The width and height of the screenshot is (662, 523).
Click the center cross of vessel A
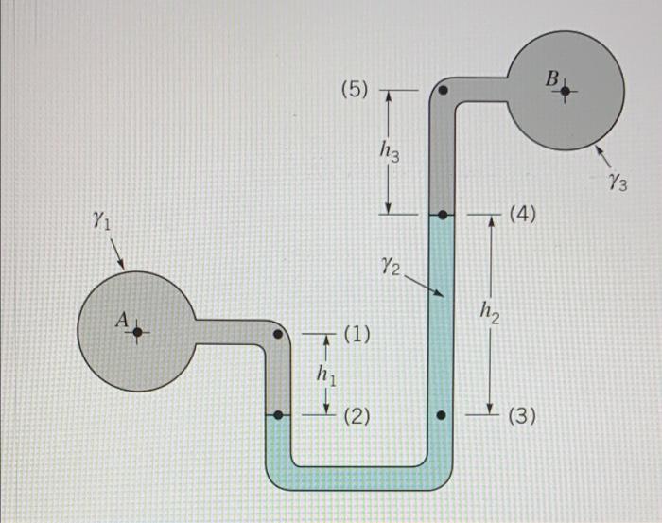pos(137,332)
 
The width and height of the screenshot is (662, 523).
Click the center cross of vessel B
pos(566,92)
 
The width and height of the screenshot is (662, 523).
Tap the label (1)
pos(357,334)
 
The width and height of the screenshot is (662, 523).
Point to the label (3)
pos(523,414)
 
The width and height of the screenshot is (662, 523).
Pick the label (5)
pos(357,91)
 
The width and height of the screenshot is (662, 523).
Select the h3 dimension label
pos(389,149)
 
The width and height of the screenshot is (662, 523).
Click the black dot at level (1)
pos(277,334)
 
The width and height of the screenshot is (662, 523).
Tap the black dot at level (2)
pos(277,414)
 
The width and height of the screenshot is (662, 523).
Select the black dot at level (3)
pos(442,414)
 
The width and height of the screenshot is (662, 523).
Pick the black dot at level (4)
pos(442,214)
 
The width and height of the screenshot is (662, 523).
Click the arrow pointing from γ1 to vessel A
pos(118,253)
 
